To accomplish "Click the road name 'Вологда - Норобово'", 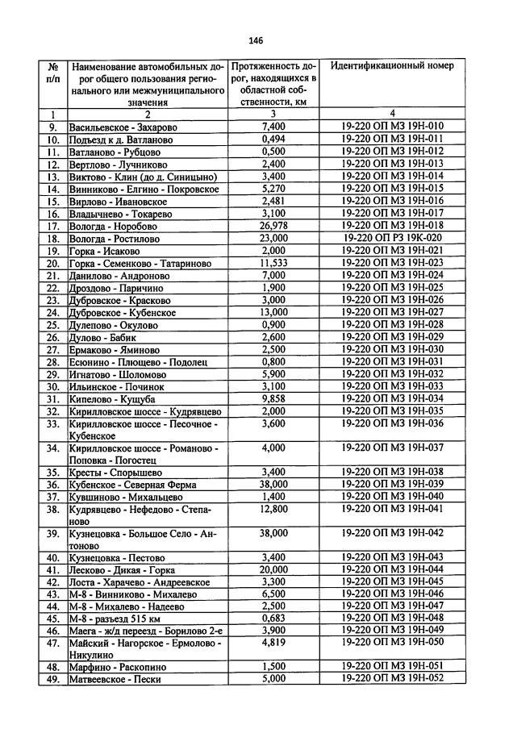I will tap(114, 227).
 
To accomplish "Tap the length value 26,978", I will tap(274, 227).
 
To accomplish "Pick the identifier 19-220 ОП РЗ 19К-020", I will tap(391, 240).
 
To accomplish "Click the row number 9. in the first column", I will tap(52, 127).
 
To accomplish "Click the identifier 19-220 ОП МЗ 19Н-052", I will tap(391, 679).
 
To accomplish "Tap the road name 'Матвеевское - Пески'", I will tap(115, 680).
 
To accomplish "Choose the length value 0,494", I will tap(274, 140).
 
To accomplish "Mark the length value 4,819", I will tap(274, 643).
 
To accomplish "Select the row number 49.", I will tap(52, 680).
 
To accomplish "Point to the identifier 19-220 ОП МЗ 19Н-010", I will tap(391, 127).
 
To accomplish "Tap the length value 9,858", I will tap(274, 399).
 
